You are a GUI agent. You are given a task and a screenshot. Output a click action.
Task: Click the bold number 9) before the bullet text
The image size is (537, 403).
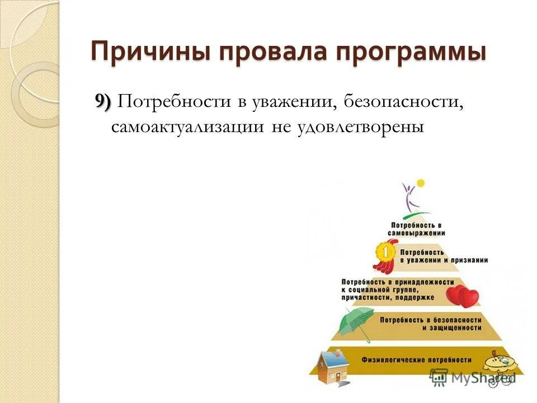(103, 102)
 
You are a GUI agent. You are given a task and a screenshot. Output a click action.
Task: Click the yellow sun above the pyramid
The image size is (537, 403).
(421, 183)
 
